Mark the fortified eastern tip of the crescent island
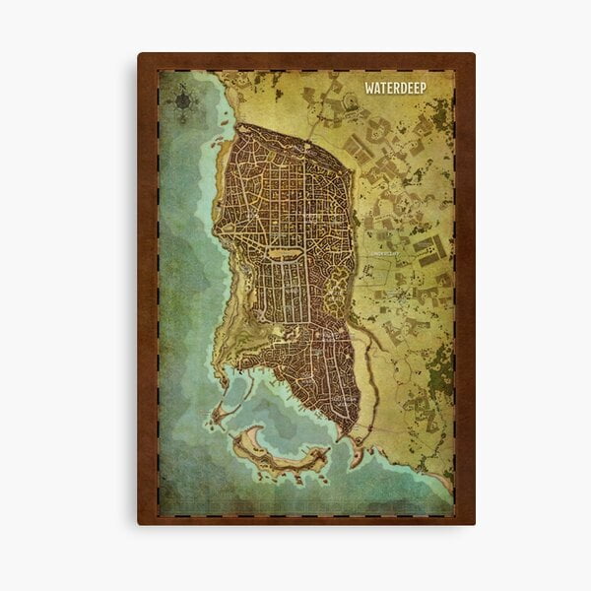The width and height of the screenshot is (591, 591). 319,454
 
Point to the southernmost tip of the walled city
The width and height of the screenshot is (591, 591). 344,437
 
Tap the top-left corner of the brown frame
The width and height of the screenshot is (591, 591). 140,55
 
